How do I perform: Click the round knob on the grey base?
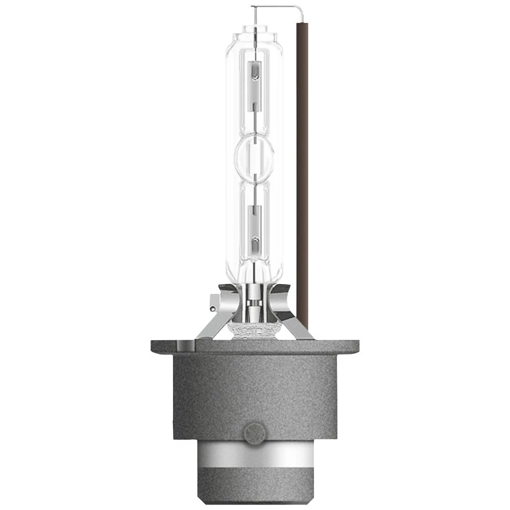click(x=254, y=433)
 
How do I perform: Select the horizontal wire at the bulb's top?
click(x=275, y=7)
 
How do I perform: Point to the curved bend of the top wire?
click(x=301, y=9)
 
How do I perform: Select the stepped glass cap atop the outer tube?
click(x=254, y=36)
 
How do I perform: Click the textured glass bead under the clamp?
click(x=254, y=332)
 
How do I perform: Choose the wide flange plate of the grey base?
click(x=254, y=347)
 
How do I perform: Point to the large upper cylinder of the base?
click(x=254, y=393)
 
